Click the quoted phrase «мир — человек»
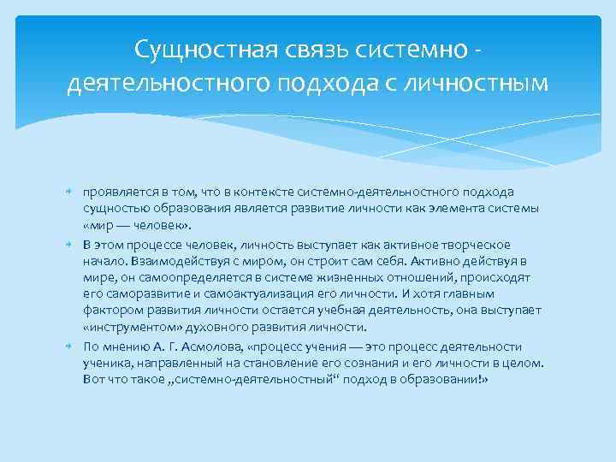click(137, 225)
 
